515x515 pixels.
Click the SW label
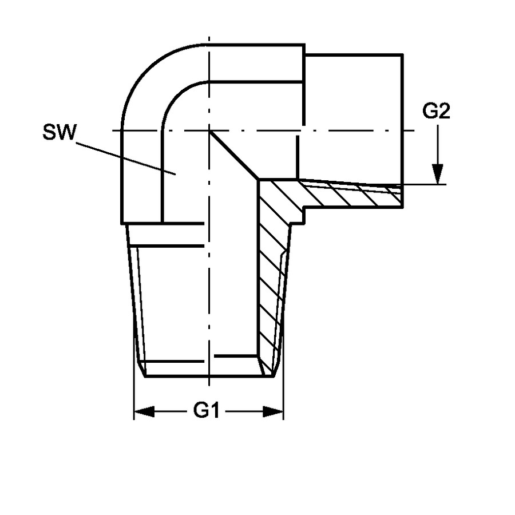click(x=60, y=132)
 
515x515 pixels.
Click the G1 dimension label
click(x=206, y=410)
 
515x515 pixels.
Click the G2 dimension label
click(x=436, y=111)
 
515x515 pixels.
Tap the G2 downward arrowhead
click(x=438, y=174)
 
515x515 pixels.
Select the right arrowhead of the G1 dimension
click(x=274, y=411)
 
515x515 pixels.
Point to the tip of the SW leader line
click(x=176, y=174)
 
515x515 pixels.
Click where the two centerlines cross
click(x=209, y=130)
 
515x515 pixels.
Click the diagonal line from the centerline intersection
click(x=234, y=155)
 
